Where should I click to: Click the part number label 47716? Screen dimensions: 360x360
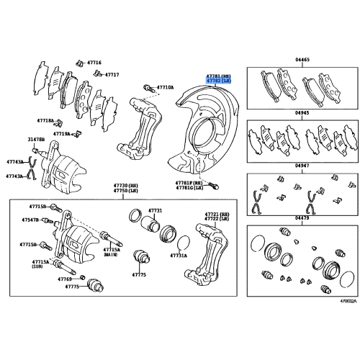pos(94,63)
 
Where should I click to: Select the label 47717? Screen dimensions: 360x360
pos(112,75)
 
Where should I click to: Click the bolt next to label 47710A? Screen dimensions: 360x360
pos(147,88)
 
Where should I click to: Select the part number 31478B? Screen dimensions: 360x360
pos(37,139)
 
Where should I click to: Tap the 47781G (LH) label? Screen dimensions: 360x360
pos(190,189)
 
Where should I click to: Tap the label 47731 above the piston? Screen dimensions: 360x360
pos(156,211)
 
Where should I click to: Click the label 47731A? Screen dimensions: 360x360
pos(179,256)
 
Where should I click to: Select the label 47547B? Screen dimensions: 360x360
pos(30,220)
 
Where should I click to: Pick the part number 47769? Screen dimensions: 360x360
pos(65,278)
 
